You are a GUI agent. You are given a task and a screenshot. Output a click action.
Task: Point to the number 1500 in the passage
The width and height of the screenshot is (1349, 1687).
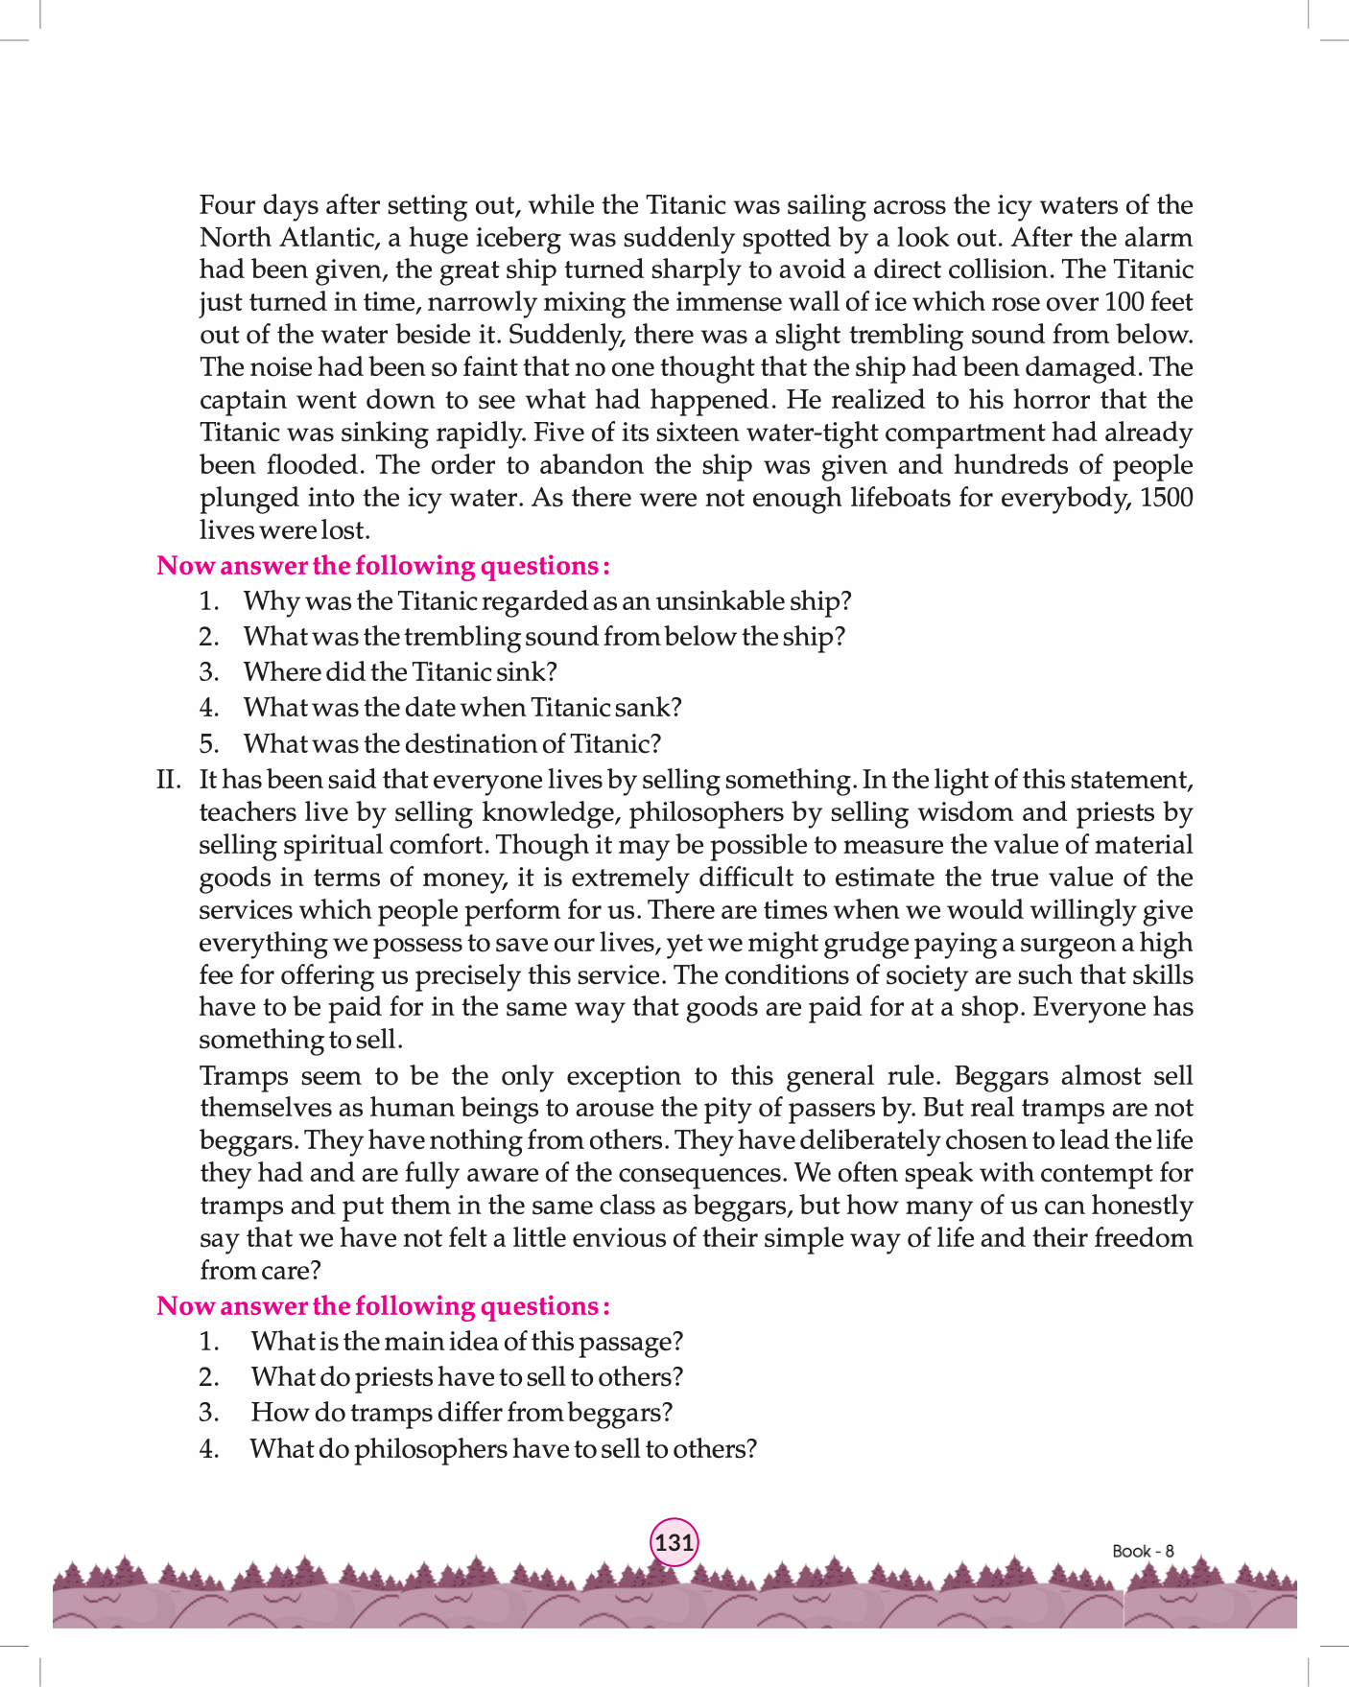click(1166, 498)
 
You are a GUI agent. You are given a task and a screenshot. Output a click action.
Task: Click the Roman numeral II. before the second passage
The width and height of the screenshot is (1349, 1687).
click(169, 780)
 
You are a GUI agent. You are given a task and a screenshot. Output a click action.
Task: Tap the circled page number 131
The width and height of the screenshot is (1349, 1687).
click(674, 1542)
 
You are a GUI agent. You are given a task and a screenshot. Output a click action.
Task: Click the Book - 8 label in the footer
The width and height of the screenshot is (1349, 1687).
click(1143, 1551)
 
